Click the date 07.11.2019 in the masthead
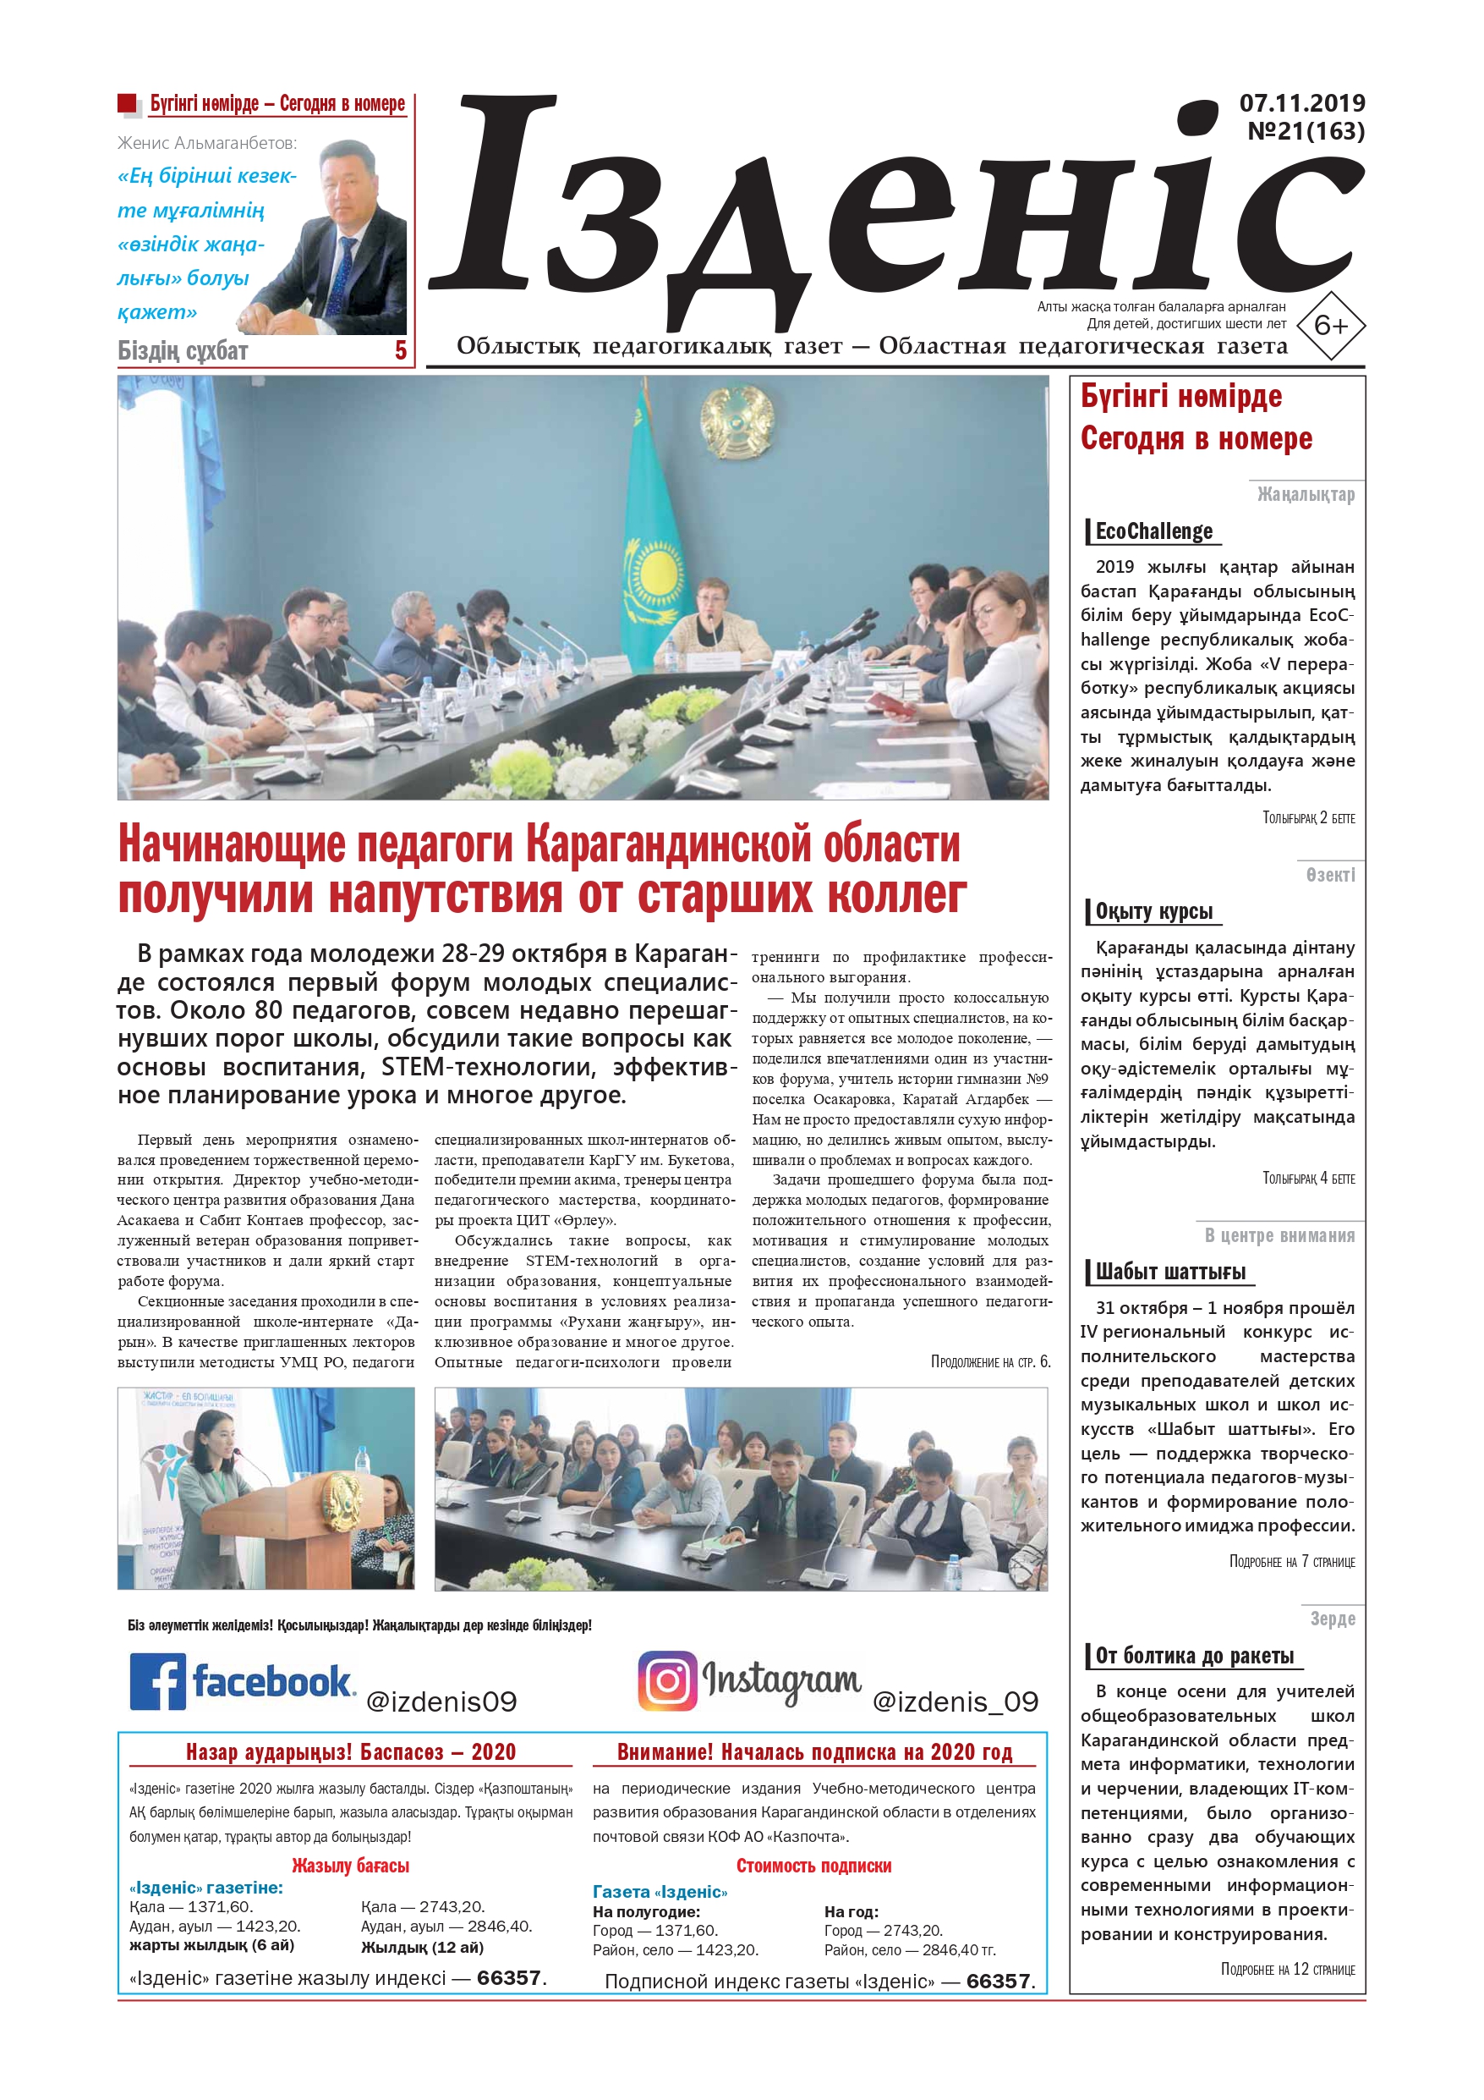(1301, 103)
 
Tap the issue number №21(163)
(1305, 132)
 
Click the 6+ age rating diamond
(1330, 325)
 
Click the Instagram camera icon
(666, 1680)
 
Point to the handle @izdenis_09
(956, 1701)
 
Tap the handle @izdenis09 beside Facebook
(441, 1701)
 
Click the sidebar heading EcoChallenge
(1154, 531)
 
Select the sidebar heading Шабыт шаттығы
(1170, 1272)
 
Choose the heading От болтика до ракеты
(1194, 1656)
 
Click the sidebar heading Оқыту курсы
(1154, 911)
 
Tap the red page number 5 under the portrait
(401, 350)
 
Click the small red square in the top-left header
(127, 103)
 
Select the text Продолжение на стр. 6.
(990, 1362)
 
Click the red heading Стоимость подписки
(813, 1866)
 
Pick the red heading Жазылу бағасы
(350, 1866)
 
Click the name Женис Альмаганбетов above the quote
(206, 144)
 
